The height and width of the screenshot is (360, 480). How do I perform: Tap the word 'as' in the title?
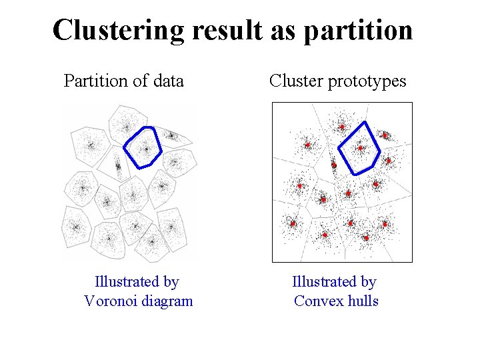click(x=277, y=31)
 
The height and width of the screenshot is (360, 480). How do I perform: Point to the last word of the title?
click(x=357, y=31)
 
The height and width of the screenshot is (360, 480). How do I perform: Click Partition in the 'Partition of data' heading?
click(x=93, y=81)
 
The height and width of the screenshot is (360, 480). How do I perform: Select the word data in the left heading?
click(x=167, y=81)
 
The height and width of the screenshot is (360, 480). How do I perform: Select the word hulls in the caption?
click(x=364, y=301)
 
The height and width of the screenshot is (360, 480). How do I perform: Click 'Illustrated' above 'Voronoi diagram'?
click(x=127, y=283)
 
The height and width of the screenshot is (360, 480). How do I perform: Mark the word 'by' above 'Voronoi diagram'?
click(x=171, y=283)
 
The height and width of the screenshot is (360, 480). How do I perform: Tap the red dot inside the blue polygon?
click(x=361, y=148)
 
